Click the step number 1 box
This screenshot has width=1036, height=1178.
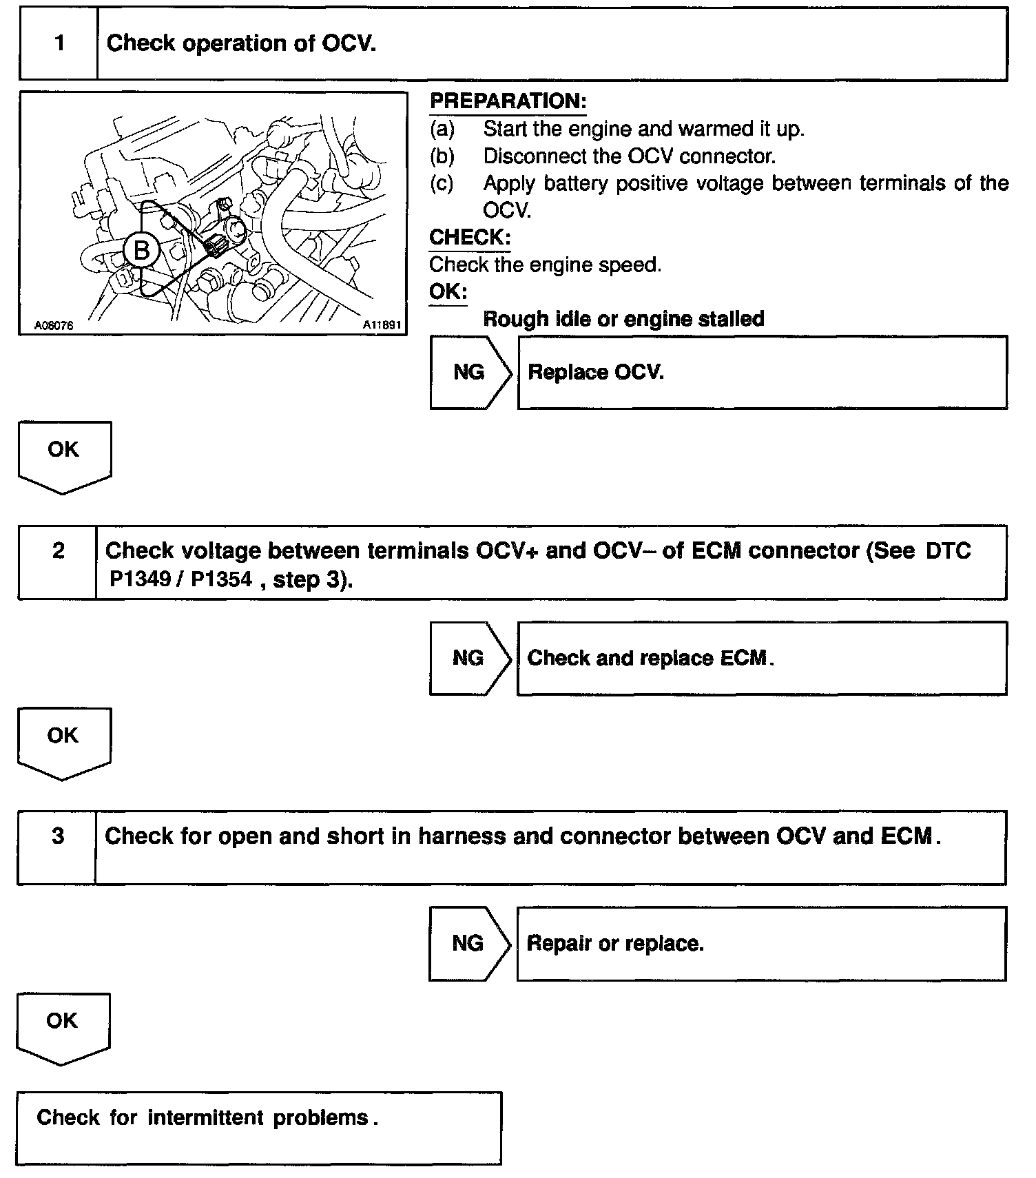coord(59,44)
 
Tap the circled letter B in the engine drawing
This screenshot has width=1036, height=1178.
coord(141,251)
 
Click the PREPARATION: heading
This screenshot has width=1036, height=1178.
coord(508,101)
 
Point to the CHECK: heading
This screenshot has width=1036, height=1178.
coord(470,238)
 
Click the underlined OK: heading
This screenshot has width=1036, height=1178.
coord(448,291)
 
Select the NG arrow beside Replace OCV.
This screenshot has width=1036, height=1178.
coord(470,373)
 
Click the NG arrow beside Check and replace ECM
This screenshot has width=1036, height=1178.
coord(470,659)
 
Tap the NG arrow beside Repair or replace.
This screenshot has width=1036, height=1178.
coord(469,944)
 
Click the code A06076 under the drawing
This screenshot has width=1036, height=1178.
coord(54,326)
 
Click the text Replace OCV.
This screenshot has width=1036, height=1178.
coord(596,373)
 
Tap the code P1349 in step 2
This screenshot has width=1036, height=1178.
coord(141,579)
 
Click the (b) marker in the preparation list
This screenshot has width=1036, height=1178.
coord(442,156)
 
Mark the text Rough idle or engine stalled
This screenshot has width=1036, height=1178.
coord(623,319)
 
